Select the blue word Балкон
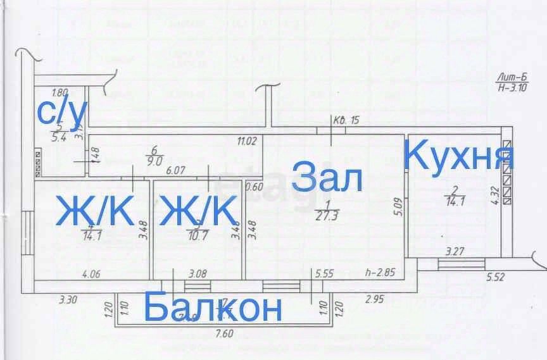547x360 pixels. (x=213, y=308)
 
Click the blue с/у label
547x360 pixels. (x=61, y=112)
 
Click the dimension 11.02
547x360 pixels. (x=246, y=142)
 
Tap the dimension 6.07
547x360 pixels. (x=175, y=170)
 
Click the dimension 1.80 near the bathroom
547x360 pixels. (x=60, y=92)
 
